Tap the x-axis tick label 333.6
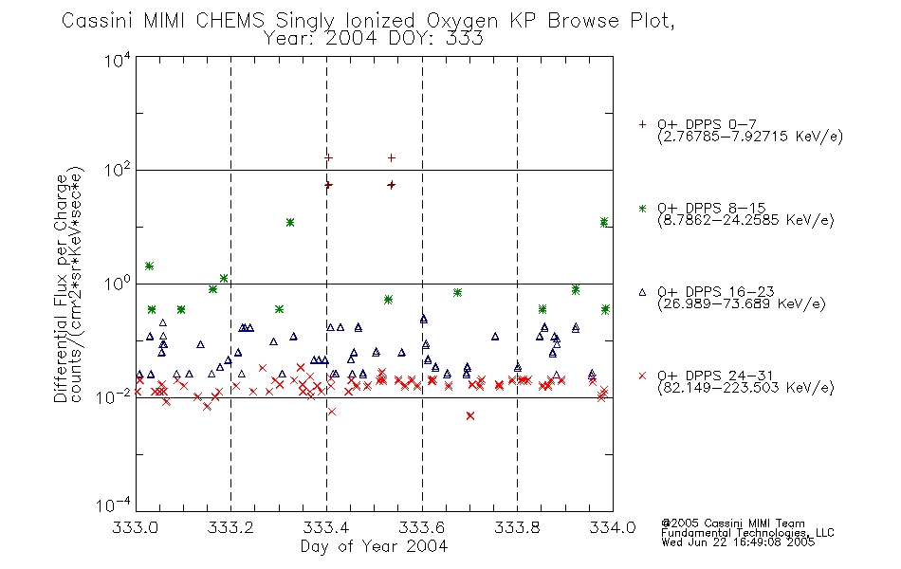(421, 527)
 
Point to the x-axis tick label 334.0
(612, 527)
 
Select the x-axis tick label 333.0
(135, 527)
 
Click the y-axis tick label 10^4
(118, 60)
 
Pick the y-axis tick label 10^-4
(114, 505)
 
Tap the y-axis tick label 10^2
(118, 170)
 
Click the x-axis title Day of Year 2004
(374, 546)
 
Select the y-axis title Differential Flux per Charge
(61, 288)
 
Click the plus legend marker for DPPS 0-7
(642, 124)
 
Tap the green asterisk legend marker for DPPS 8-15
(642, 208)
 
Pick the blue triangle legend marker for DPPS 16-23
(642, 292)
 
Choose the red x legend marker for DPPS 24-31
(642, 376)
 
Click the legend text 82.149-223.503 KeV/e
(745, 387)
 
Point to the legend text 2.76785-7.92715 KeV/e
(750, 137)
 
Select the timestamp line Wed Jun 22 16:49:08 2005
(739, 542)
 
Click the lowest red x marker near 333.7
(470, 415)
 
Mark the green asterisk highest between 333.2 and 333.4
(290, 223)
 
